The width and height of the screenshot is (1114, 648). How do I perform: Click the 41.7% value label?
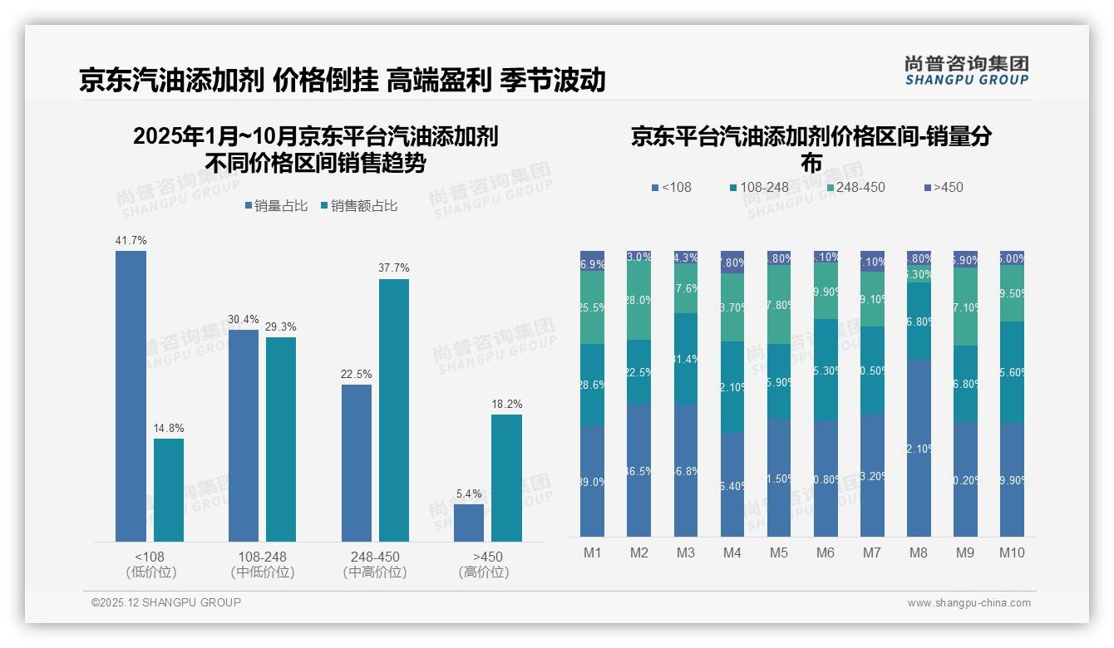click(x=131, y=241)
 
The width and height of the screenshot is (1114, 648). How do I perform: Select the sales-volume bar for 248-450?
click(x=357, y=463)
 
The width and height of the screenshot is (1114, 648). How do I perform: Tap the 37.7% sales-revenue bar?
click(x=394, y=410)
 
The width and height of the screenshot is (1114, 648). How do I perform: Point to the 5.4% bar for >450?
click(x=469, y=523)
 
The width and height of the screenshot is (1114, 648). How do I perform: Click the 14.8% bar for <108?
click(x=169, y=489)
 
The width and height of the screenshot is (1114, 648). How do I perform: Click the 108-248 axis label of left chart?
click(x=262, y=557)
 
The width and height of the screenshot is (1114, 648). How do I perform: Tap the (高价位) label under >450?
click(x=483, y=572)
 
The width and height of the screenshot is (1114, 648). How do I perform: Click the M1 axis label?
click(x=593, y=552)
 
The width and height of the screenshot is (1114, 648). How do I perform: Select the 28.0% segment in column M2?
click(x=639, y=301)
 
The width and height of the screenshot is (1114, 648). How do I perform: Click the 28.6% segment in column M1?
click(x=593, y=385)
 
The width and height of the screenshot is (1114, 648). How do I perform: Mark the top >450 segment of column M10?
click(x=1012, y=258)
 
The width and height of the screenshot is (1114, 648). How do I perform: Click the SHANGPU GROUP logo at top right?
click(x=966, y=71)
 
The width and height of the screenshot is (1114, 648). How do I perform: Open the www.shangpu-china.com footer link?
click(x=969, y=603)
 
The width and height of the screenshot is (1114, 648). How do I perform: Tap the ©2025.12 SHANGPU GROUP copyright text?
click(x=166, y=602)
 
